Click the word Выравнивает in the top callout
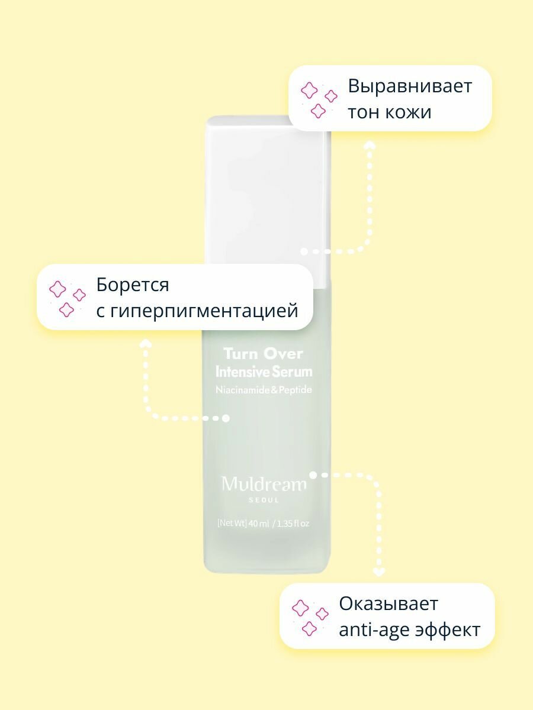tap(409, 86)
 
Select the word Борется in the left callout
tap(133, 285)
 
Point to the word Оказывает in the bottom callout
tap(388, 604)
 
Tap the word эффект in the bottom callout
tap(451, 630)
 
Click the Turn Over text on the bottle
tap(263, 354)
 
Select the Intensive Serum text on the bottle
tap(264, 372)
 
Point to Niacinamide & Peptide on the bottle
tap(264, 390)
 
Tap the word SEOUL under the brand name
tap(264, 500)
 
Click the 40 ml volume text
tap(259, 523)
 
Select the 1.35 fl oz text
tap(293, 523)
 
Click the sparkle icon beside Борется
tap(67, 298)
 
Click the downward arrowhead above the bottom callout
tap(379, 572)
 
